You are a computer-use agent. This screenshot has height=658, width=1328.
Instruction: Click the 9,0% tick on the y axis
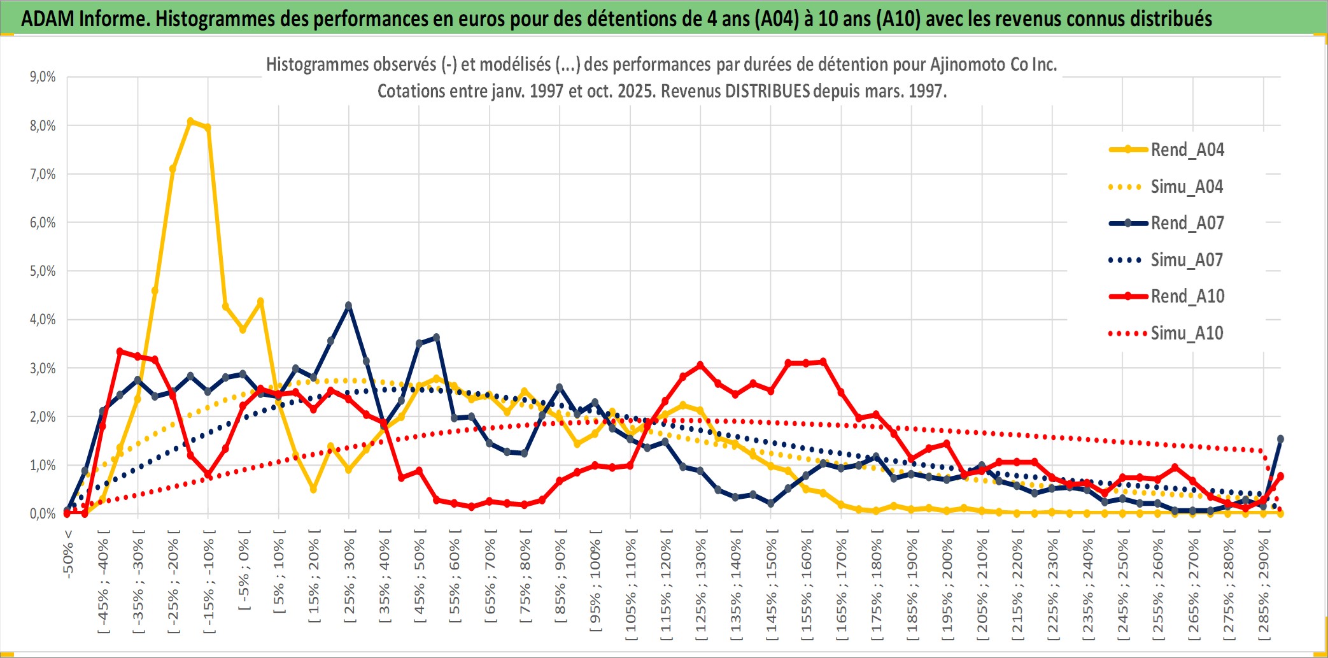click(x=43, y=77)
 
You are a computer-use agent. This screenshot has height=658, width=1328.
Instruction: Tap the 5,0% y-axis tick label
click(x=43, y=271)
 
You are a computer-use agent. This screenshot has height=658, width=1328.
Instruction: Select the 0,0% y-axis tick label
click(x=43, y=513)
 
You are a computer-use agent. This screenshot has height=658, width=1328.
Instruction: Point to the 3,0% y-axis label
click(x=43, y=368)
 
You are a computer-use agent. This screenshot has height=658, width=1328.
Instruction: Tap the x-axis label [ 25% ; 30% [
click(x=350, y=576)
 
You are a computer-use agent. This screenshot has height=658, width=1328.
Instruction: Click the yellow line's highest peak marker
click(x=190, y=120)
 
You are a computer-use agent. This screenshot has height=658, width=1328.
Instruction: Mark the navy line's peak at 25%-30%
click(x=348, y=306)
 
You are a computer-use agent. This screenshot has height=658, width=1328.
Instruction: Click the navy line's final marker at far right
click(x=1280, y=439)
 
